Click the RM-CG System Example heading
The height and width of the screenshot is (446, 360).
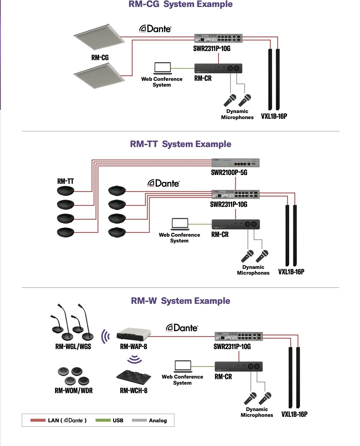tap(181, 4)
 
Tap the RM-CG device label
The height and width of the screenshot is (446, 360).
tap(100, 58)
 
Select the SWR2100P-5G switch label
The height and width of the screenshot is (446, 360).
tap(229, 173)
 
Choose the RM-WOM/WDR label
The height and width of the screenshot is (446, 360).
tap(74, 391)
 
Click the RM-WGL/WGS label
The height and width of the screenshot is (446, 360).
tap(73, 347)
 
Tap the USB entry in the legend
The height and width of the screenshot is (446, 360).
tap(118, 420)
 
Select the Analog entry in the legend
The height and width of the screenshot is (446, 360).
tap(157, 420)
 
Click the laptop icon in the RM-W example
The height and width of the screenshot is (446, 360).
tap(183, 366)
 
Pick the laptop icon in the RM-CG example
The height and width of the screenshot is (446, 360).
tap(162, 68)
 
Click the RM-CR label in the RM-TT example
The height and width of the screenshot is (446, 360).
tap(220, 235)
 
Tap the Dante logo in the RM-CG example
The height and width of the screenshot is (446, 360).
tap(155, 29)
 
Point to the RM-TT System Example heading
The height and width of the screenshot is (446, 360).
tap(181, 144)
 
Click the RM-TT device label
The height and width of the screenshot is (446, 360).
tap(65, 181)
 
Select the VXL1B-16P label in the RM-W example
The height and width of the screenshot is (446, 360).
tap(294, 414)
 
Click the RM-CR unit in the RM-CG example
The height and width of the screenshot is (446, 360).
tap(218, 68)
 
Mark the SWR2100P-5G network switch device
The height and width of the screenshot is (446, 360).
tap(235, 163)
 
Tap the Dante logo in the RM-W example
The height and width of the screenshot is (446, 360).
tap(182, 328)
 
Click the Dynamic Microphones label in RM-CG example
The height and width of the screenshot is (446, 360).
tap(237, 114)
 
